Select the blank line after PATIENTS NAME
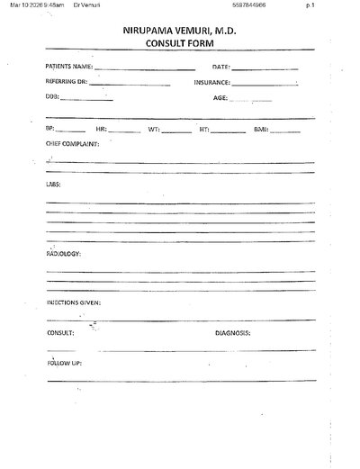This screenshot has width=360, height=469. pos(144,68)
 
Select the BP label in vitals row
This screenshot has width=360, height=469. pos(49,130)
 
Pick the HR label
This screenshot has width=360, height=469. pos(101,130)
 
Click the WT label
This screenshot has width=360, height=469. pos(154,130)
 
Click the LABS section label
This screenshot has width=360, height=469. pos(53,185)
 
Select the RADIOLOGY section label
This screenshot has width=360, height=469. pos(64,254)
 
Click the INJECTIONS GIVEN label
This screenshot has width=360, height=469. pos(74,302)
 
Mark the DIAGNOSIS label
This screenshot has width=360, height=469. pos(232,332)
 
